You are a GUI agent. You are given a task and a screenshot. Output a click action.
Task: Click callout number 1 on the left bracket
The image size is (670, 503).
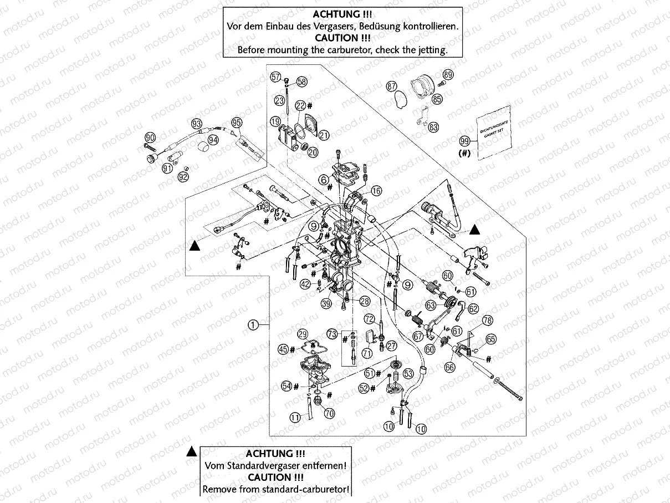253,326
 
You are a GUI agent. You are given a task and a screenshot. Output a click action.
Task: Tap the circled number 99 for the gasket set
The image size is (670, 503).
465,141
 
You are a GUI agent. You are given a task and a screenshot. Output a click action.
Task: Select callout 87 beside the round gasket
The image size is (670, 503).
392,87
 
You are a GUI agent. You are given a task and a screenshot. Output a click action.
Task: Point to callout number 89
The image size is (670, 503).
447,75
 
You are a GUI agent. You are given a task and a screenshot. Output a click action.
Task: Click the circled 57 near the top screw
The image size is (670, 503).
275,78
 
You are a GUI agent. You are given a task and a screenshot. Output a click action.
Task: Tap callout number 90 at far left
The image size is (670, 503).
150,138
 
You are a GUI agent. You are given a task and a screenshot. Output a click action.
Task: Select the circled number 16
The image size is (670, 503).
376,191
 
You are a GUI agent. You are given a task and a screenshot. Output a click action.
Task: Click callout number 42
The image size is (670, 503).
305,284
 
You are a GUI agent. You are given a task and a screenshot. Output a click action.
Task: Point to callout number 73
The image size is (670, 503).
332,334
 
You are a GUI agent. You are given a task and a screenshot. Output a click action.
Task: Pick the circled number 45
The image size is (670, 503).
283,349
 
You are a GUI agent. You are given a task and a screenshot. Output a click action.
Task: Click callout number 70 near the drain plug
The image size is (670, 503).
329,413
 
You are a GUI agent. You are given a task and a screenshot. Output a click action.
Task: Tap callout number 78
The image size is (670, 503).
487,321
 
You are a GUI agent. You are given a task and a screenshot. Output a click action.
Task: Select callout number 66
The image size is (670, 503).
449,367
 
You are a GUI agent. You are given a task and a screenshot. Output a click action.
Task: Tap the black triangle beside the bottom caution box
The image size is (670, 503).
191,451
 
